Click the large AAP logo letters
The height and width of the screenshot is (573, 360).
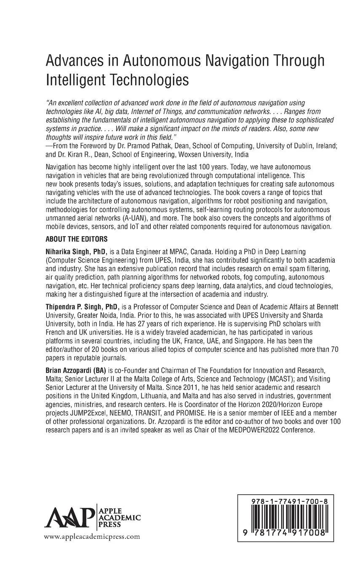pos(69,517)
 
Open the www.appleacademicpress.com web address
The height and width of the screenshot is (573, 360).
pos(92,536)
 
